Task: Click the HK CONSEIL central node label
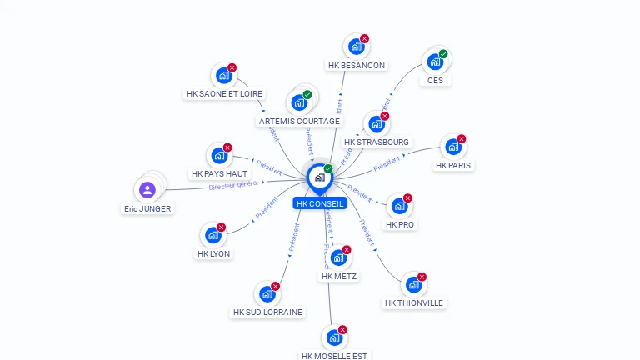point(319,203)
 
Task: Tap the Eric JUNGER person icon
point(147,190)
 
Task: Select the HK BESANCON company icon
point(357,47)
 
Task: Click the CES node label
point(435,81)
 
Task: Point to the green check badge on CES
point(443,54)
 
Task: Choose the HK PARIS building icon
point(453,147)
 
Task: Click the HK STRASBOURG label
point(377,142)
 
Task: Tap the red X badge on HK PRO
point(407,198)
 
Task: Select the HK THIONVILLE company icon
point(413,285)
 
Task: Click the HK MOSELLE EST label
point(334,356)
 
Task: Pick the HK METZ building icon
point(338,258)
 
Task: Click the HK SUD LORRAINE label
point(267,312)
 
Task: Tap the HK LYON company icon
point(213,236)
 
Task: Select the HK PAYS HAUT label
point(219,174)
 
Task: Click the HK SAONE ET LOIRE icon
point(223,76)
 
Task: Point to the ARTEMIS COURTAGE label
point(299,122)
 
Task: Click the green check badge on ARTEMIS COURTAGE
point(307,95)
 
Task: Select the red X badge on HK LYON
point(222,227)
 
